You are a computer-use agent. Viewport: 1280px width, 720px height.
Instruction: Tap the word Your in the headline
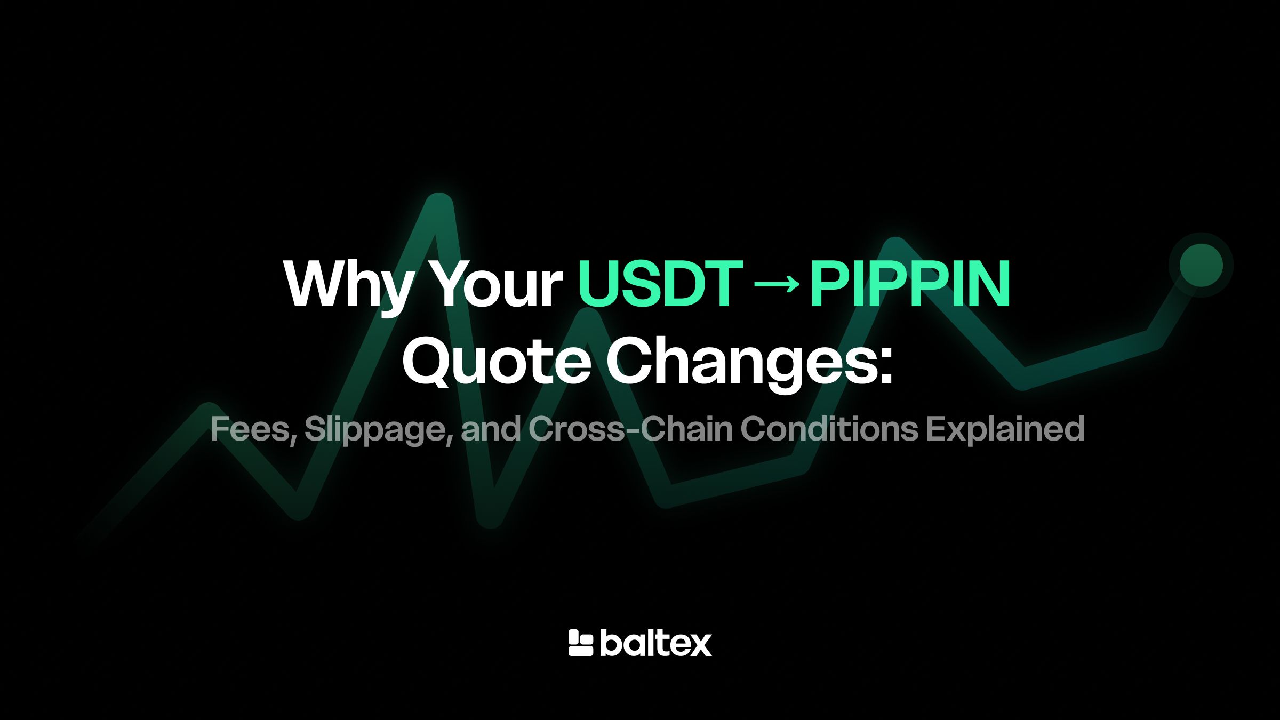pyautogui.click(x=498, y=284)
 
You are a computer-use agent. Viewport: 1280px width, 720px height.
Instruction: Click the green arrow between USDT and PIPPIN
pyautogui.click(x=777, y=284)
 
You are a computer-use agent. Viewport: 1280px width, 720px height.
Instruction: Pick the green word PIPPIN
pyautogui.click(x=910, y=284)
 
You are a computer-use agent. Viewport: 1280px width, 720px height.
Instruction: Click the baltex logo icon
pyautogui.click(x=581, y=643)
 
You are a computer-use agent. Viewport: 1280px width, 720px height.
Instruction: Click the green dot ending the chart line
pyautogui.click(x=1201, y=265)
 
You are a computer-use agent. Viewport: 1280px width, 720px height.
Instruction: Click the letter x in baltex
pyautogui.click(x=699, y=646)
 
